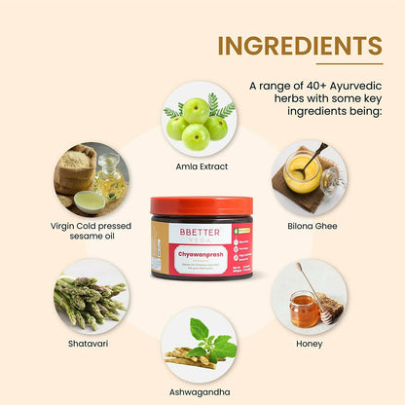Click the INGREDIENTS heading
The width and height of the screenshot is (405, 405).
click(299, 47)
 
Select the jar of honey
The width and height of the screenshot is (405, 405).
click(305, 310)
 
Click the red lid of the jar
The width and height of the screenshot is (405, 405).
click(202, 207)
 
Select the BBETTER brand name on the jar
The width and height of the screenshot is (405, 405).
click(191, 235)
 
